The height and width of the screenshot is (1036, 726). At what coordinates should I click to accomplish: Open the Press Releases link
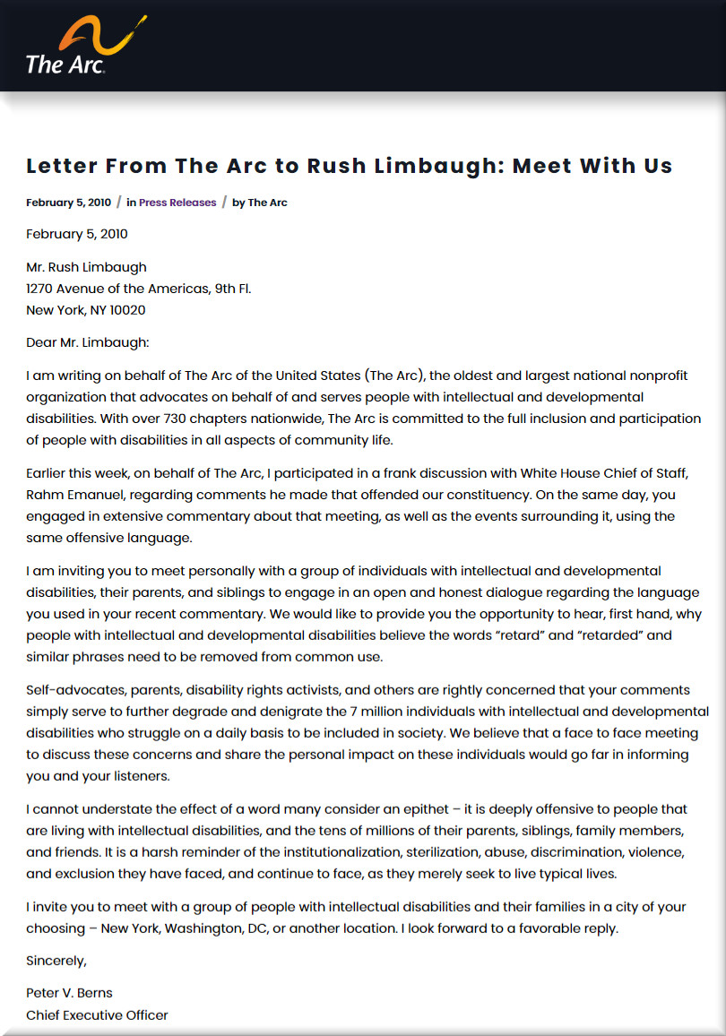pos(177,203)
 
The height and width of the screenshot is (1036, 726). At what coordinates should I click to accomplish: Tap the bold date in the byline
pos(68,203)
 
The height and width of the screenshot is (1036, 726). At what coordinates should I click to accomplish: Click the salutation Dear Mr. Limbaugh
pos(88,342)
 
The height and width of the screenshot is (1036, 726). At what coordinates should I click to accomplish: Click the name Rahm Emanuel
pos(78,495)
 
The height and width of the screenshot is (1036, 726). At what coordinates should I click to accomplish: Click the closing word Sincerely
pos(56,961)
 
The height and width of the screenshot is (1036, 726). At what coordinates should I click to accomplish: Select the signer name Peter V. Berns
pos(70,993)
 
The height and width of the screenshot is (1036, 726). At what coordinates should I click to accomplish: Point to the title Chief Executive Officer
pos(97,1014)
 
